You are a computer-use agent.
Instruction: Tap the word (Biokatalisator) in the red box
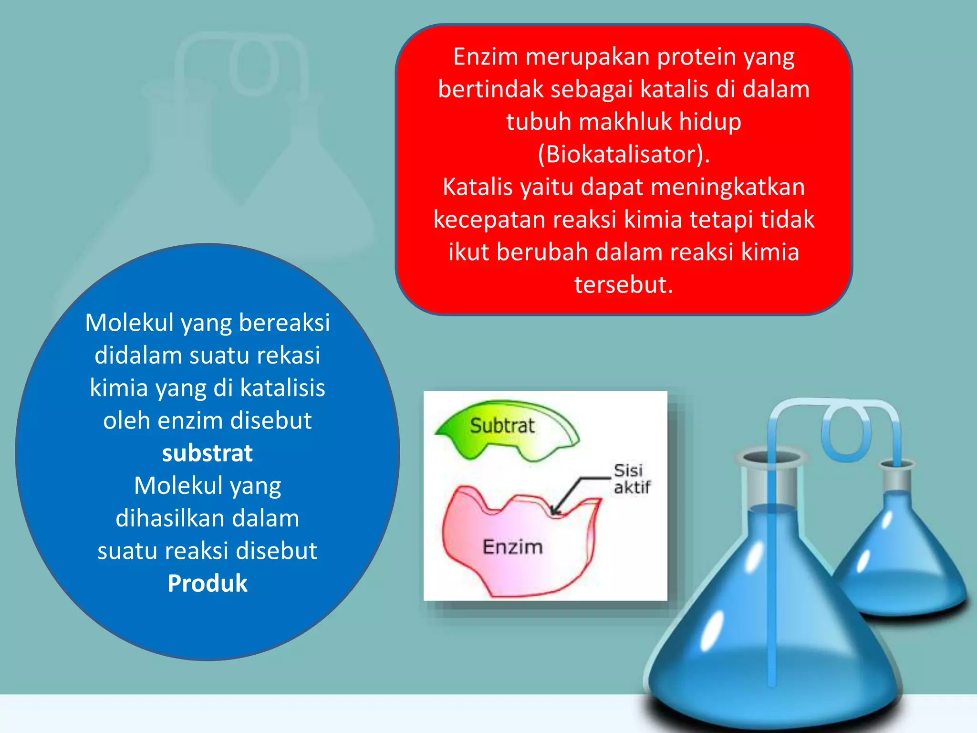click(623, 154)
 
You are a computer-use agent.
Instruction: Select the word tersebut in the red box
click(623, 284)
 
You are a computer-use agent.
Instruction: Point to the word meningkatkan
click(728, 187)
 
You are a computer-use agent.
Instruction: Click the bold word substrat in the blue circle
click(207, 453)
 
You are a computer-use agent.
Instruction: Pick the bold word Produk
click(208, 583)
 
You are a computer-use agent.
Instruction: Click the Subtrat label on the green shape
click(502, 425)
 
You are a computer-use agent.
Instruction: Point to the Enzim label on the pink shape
click(513, 546)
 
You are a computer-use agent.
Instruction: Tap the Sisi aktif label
click(631, 479)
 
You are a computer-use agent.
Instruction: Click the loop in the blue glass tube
click(845, 432)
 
